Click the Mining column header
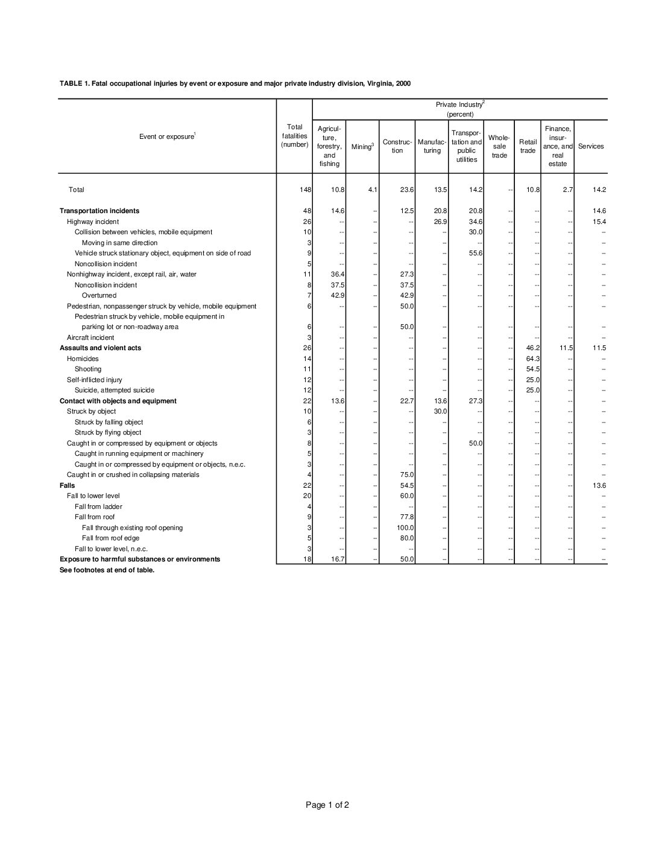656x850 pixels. pos(362,147)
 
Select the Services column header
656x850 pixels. pos(590,147)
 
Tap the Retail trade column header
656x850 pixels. pos(528,147)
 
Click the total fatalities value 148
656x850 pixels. pos(306,190)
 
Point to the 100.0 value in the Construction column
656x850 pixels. pos(406,528)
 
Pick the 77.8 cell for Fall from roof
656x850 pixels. pos(407,517)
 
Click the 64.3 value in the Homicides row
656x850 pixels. pos(532,359)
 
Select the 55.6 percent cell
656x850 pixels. pos(475,253)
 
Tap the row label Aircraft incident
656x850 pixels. pos(90,337)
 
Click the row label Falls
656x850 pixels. pos(68,485)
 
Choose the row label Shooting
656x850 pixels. pos(88,369)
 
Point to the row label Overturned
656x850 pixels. pos(99,295)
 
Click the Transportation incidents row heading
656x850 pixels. pos(99,211)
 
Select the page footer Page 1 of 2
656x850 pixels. pos(327,805)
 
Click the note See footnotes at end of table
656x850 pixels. pos(107,570)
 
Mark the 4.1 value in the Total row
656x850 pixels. pos(372,190)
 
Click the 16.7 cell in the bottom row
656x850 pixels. pos(338,560)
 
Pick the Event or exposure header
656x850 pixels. pos(166,136)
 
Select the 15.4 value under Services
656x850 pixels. pos(599,222)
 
